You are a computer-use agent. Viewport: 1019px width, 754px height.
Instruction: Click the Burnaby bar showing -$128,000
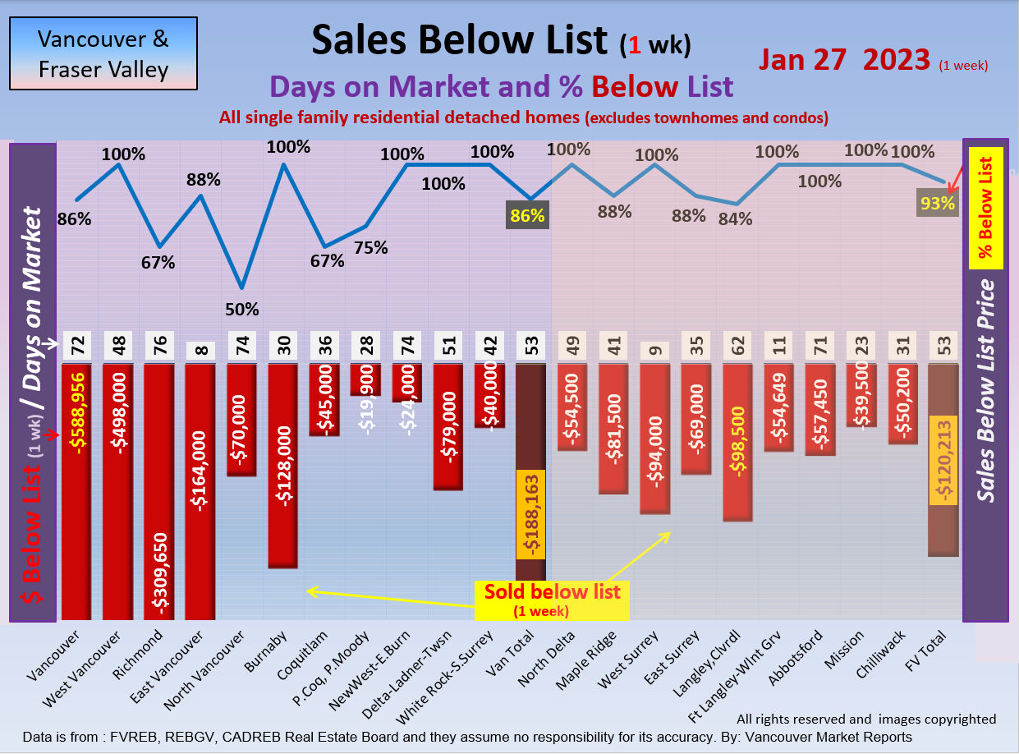[x=283, y=465]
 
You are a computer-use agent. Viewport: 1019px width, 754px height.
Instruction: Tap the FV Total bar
[x=943, y=460]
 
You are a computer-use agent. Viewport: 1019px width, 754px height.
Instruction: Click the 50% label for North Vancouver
[x=242, y=310]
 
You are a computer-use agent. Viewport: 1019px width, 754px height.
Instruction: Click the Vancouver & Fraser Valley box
[x=103, y=53]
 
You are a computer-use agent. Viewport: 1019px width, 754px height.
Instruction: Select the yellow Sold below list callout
[x=552, y=600]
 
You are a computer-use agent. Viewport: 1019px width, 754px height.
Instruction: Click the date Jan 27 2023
[x=844, y=59]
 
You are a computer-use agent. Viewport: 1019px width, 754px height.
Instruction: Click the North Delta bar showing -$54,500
[x=572, y=407]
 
